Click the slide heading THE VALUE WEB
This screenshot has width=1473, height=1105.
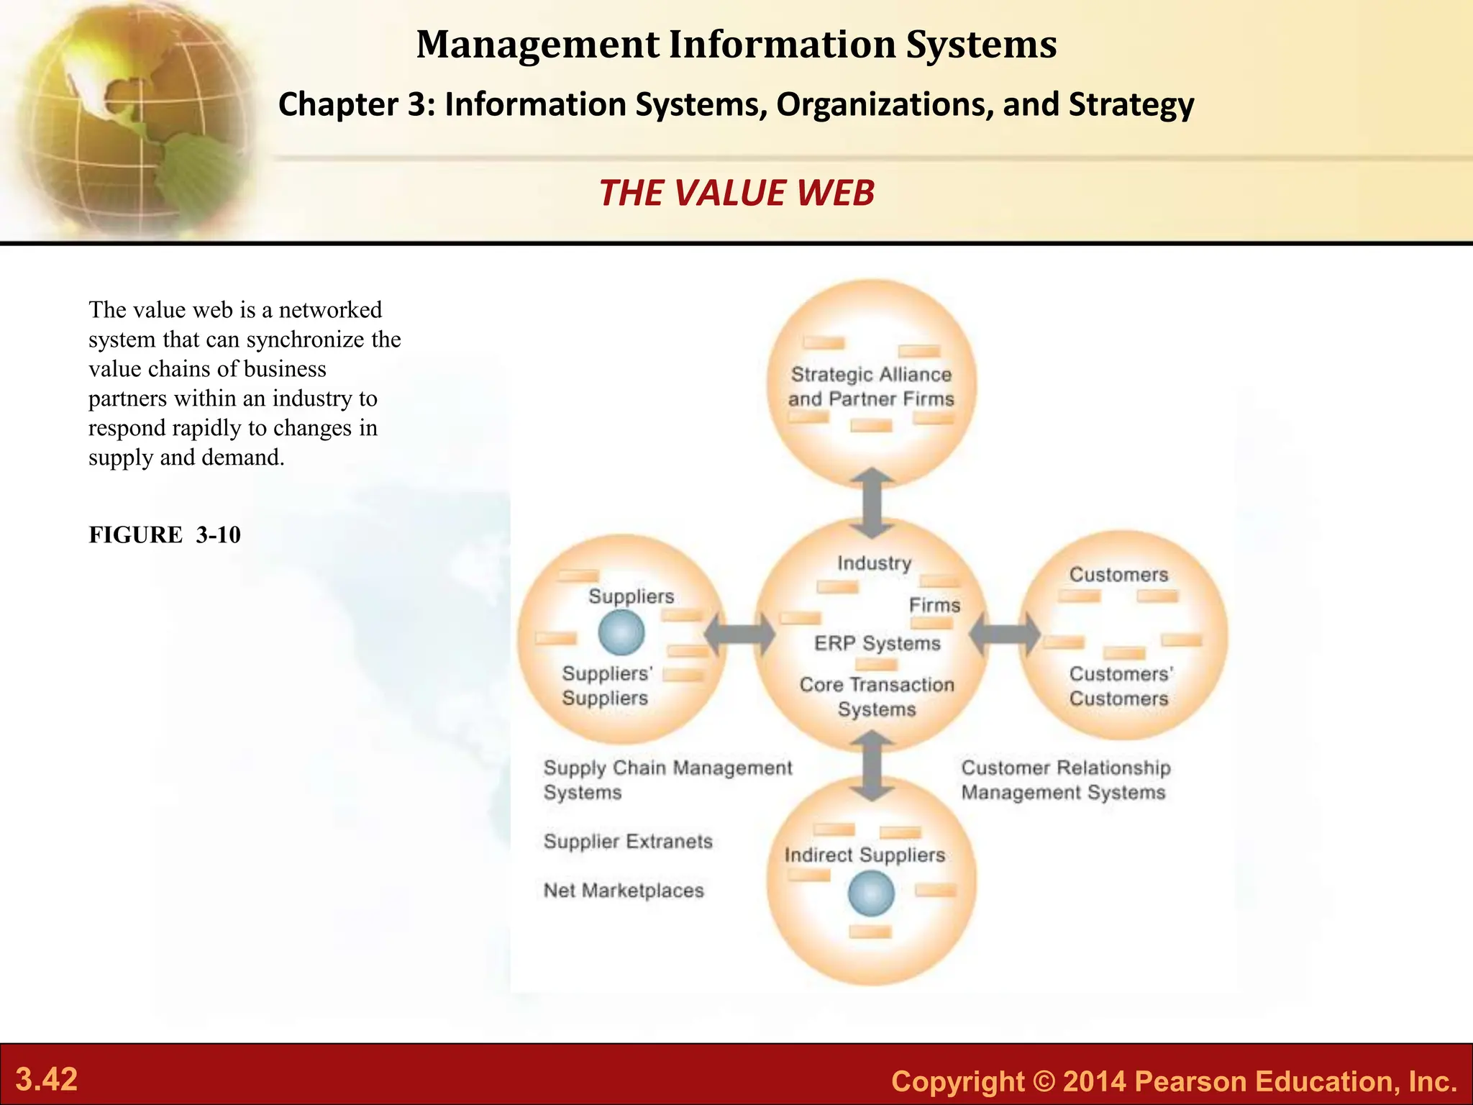click(736, 193)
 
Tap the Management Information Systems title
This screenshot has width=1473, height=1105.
click(736, 45)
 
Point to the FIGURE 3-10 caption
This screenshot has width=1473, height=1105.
click(165, 535)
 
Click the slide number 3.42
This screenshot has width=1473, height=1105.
click(47, 1080)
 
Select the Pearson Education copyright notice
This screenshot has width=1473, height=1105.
click(1174, 1081)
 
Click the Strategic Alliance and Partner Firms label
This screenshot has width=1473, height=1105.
click(871, 387)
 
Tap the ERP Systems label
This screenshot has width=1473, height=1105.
click(877, 643)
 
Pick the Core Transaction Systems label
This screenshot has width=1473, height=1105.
click(877, 696)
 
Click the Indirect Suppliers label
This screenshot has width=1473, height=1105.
click(865, 855)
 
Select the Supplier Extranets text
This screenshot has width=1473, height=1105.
click(628, 841)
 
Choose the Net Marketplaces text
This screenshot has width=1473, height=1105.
click(624, 891)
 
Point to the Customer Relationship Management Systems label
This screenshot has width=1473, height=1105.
click(1065, 780)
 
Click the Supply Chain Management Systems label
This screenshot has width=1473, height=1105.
click(667, 780)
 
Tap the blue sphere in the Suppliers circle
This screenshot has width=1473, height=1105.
click(621, 633)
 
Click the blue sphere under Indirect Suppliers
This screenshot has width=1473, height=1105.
click(871, 893)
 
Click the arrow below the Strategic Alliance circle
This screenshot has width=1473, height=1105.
click(872, 503)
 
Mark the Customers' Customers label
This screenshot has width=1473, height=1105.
click(1119, 686)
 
